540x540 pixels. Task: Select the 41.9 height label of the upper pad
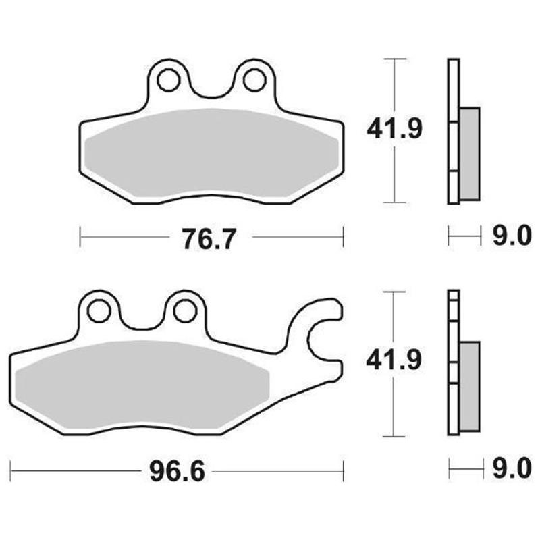(x=395, y=128)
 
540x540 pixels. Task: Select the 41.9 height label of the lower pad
(x=395, y=362)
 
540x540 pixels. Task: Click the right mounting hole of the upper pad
(x=253, y=80)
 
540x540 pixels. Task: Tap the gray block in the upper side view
(x=469, y=153)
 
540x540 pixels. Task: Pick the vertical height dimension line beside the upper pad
(x=394, y=169)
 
